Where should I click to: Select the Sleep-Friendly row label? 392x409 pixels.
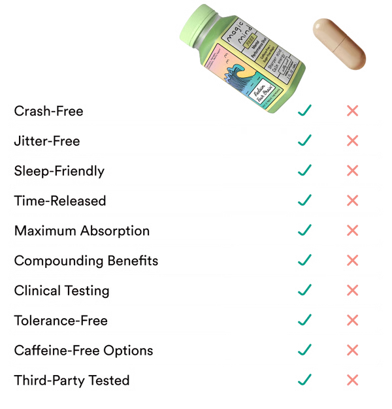[x=59, y=171]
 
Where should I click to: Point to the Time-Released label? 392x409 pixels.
[x=60, y=201]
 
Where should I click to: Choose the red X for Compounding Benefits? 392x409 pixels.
[x=351, y=259]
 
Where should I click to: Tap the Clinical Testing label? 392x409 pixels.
[x=62, y=290]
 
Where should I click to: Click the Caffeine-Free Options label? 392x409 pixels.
[x=84, y=350]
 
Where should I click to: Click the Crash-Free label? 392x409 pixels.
[x=49, y=111]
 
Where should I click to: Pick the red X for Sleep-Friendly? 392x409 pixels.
[x=351, y=171]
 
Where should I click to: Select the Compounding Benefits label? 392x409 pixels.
[x=87, y=260]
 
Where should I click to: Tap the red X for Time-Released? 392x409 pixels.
[x=351, y=200]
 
